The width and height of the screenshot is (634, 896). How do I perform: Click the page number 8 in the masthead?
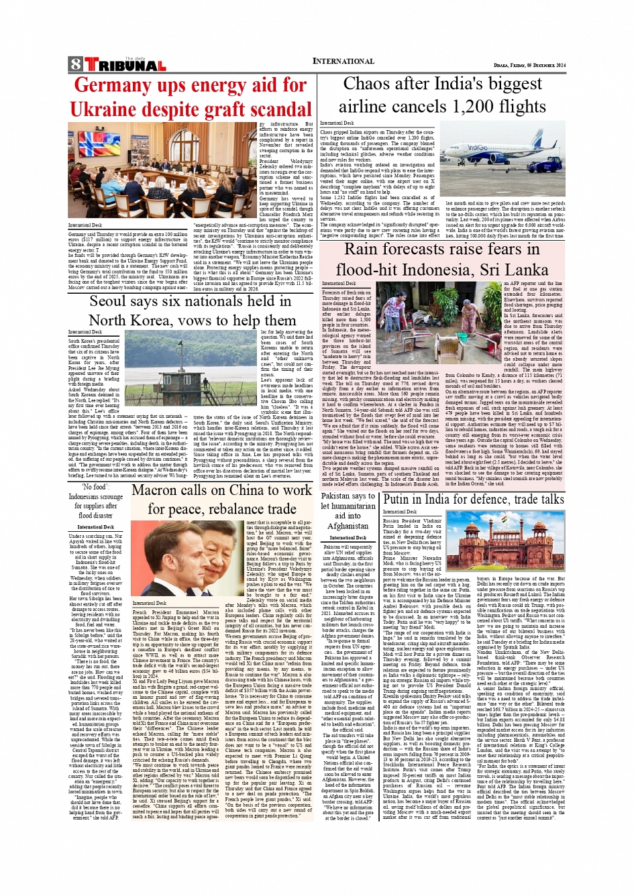[x=75, y=64]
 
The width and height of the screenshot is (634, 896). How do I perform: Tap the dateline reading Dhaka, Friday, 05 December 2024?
[x=529, y=65]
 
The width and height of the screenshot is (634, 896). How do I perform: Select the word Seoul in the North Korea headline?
[x=109, y=302]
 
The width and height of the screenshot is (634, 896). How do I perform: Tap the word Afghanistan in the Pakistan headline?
[x=348, y=526]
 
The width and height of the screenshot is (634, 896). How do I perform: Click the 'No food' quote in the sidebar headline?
[x=95, y=488]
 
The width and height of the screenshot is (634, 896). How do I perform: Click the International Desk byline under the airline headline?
[x=337, y=123]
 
